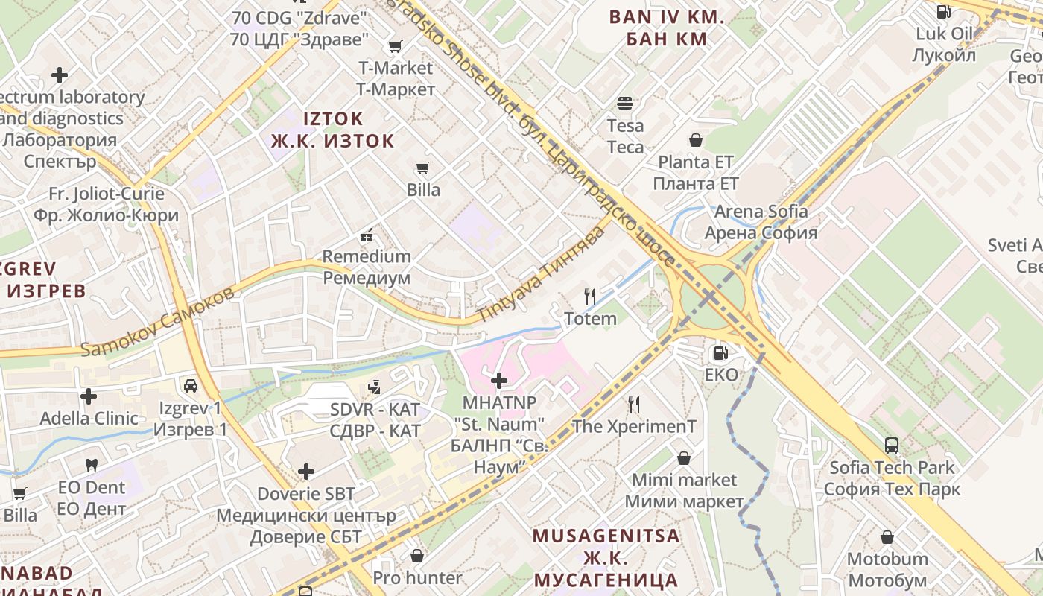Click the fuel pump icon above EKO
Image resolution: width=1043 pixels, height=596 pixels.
tap(720, 353)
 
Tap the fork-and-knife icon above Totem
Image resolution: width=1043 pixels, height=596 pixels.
tap(590, 297)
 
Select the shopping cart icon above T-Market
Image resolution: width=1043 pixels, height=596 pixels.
tap(395, 46)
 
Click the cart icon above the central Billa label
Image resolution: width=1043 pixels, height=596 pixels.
tap(422, 168)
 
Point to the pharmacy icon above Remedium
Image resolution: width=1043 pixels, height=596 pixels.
tap(366, 235)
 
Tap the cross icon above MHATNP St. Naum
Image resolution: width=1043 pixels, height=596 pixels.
tap(499, 381)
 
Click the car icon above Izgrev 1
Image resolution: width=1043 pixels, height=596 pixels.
tap(191, 385)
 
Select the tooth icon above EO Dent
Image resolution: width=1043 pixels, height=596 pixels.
tap(92, 466)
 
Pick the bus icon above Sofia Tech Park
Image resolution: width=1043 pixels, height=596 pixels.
tap(891, 446)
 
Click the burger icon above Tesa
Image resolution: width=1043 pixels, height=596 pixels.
tap(624, 103)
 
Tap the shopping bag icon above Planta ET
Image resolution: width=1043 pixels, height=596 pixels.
tap(696, 139)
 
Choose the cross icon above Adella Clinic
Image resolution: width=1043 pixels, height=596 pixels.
tap(89, 396)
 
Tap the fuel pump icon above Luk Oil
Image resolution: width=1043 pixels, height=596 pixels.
tap(943, 11)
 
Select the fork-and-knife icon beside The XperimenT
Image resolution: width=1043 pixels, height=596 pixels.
tap(634, 405)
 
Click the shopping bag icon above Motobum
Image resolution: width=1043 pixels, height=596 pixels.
tap(887, 537)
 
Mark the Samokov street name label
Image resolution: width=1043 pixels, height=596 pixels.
tap(157, 320)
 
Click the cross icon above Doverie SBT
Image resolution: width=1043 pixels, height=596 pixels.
tap(306, 472)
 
